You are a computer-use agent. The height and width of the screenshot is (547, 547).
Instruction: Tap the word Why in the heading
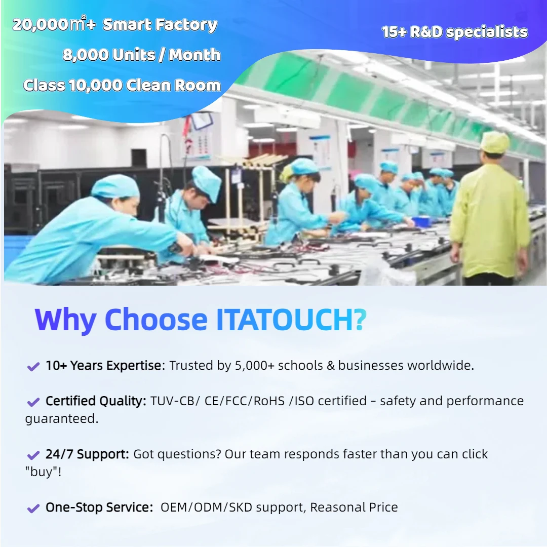point(65,321)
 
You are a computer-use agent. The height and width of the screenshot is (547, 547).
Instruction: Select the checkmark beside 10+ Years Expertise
point(33,367)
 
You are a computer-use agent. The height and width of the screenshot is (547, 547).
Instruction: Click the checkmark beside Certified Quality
point(33,402)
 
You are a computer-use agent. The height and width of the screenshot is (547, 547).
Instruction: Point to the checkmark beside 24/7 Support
point(33,455)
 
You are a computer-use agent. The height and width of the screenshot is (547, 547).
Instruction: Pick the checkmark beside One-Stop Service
point(33,509)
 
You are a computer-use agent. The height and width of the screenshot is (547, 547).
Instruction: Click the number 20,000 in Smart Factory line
point(41,25)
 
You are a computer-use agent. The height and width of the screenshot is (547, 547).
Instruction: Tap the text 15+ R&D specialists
point(455,32)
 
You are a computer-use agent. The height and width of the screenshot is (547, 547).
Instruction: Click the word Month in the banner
point(194,55)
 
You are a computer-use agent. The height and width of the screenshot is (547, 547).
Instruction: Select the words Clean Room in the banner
point(173,85)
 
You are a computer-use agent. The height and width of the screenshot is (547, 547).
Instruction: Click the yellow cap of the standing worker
point(494,142)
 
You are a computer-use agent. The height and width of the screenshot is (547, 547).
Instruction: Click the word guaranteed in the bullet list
point(62,419)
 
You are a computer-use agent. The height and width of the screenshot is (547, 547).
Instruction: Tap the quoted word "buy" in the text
point(43,472)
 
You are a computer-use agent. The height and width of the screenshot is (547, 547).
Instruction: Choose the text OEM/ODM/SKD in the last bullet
point(206,507)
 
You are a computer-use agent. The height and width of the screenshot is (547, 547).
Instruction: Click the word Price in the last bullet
point(383,507)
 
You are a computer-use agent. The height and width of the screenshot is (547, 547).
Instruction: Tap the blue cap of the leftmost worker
point(115,186)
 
